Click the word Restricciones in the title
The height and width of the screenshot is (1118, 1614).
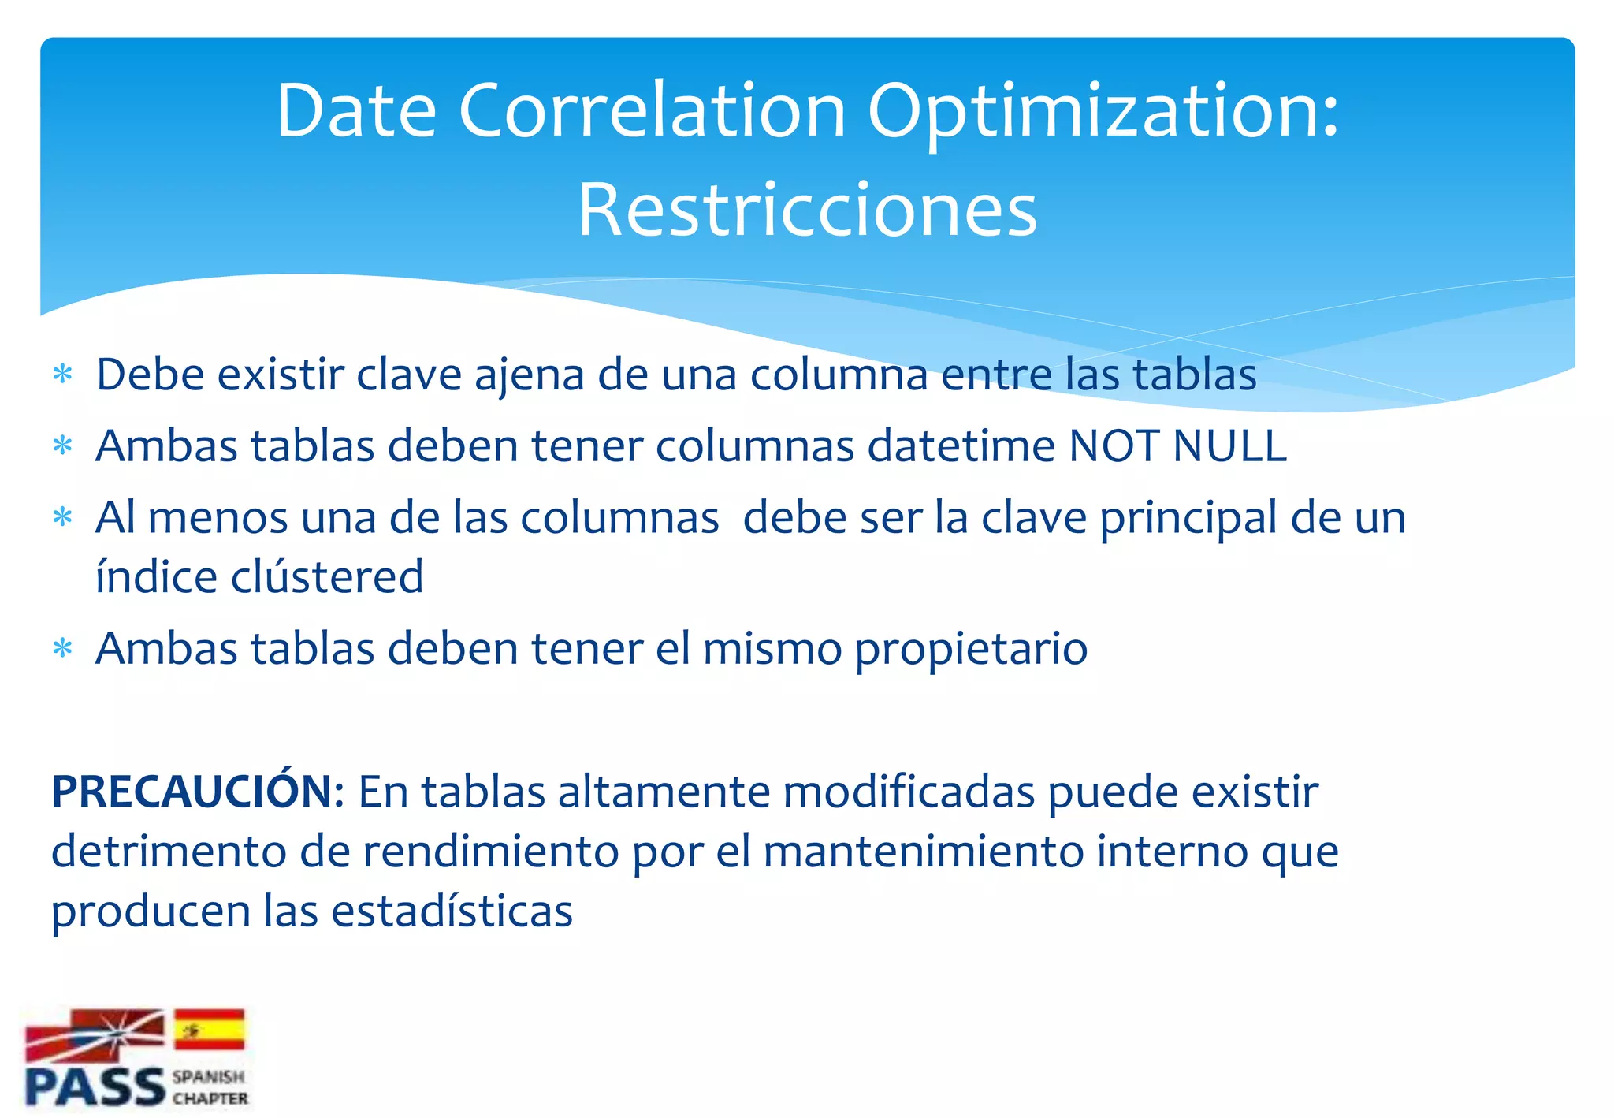click(x=807, y=210)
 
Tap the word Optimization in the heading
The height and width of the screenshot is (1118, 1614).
click(x=1103, y=112)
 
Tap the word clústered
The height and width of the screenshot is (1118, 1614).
click(x=327, y=576)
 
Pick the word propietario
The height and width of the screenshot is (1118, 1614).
click(x=971, y=650)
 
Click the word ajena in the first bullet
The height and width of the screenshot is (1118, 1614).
click(x=529, y=375)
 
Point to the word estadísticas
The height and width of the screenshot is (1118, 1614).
click(x=452, y=911)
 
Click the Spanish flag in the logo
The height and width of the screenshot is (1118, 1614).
click(x=209, y=1029)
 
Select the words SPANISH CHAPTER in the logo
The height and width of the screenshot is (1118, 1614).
click(x=210, y=1087)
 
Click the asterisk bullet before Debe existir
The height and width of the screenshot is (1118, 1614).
click(x=62, y=375)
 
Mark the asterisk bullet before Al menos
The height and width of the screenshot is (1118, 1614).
click(x=62, y=518)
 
